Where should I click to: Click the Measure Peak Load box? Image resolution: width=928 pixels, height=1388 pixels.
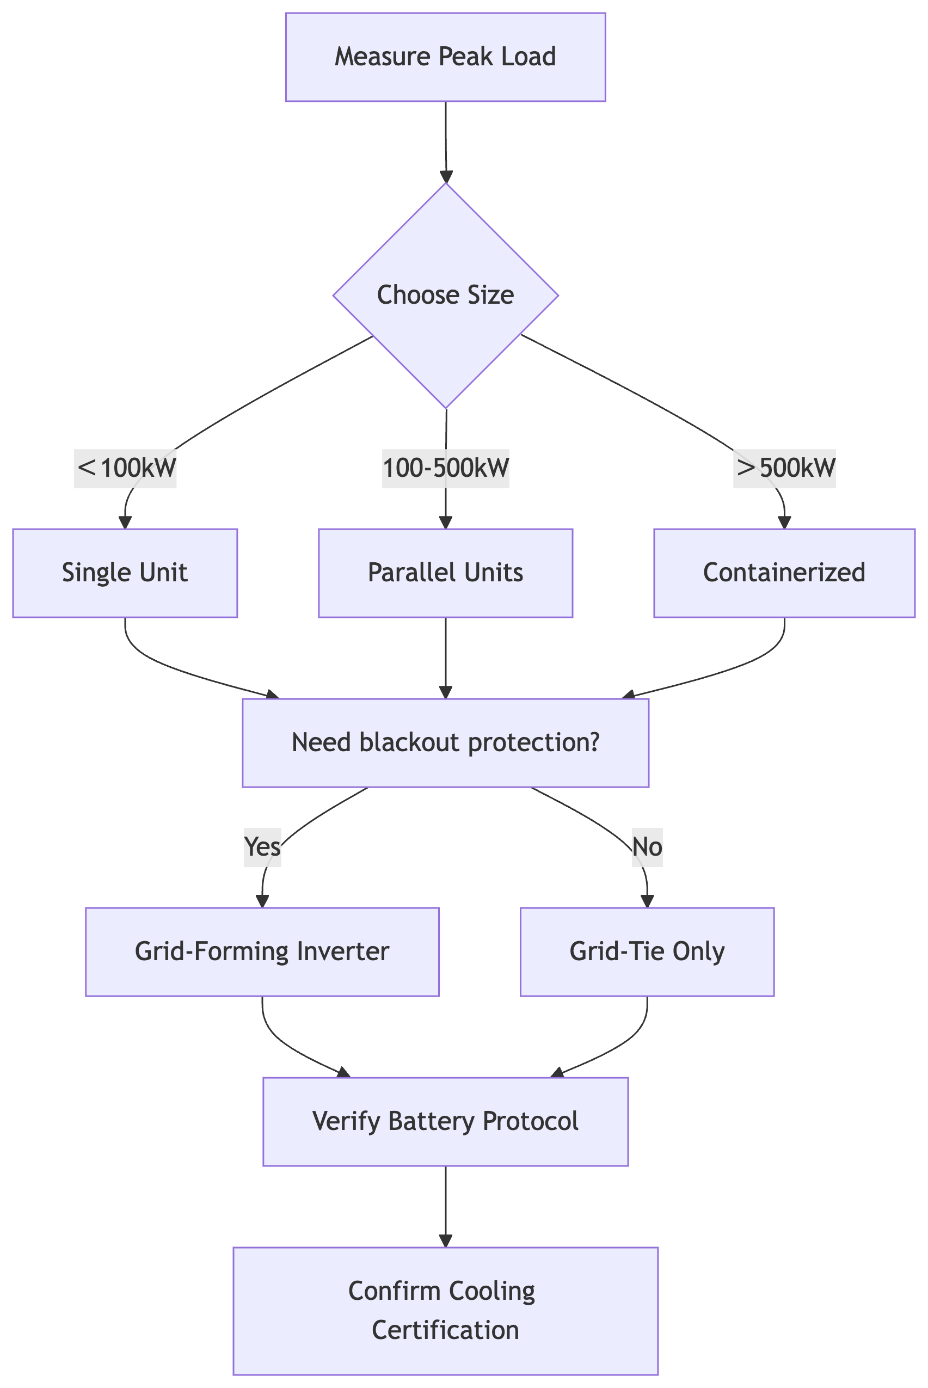click(x=445, y=57)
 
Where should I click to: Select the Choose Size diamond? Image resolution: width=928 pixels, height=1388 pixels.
click(x=445, y=295)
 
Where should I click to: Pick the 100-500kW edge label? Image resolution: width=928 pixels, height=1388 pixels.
click(x=445, y=468)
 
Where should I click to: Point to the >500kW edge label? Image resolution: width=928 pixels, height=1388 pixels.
click(x=784, y=468)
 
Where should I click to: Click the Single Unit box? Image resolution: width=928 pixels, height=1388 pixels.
click(x=125, y=573)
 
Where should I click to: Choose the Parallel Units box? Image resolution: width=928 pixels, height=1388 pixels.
click(x=445, y=573)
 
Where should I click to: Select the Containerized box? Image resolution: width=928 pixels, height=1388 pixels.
click(x=784, y=573)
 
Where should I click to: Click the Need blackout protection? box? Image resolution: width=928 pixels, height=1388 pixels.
click(x=445, y=743)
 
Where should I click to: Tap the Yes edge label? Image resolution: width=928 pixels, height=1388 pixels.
click(x=262, y=847)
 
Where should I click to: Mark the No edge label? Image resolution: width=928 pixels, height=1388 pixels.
click(x=647, y=847)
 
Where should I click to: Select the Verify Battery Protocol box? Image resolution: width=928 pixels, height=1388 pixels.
click(x=445, y=1122)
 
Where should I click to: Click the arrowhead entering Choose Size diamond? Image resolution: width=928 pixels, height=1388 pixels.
click(x=446, y=177)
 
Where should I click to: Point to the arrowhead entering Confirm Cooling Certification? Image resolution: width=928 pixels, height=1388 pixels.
click(x=445, y=1241)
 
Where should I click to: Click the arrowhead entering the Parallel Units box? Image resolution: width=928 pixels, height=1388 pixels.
click(x=445, y=523)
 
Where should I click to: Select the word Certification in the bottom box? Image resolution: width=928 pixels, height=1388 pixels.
click(x=445, y=1330)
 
